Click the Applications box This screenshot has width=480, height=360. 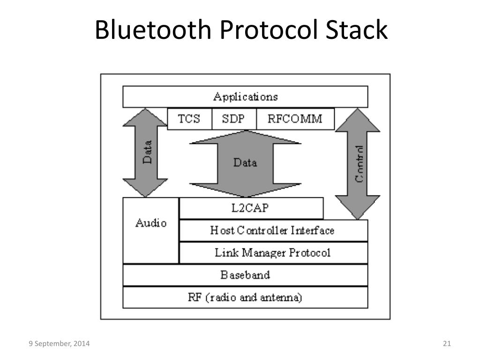coord(245,97)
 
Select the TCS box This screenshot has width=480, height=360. coord(189,119)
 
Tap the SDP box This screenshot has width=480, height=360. coord(233,119)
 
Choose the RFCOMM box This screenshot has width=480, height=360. coord(295,119)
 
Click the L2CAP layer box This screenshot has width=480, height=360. coord(251,208)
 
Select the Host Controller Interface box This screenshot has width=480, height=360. coord(273,231)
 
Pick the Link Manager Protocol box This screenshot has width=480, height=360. coord(273,253)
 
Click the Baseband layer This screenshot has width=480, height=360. coord(245,275)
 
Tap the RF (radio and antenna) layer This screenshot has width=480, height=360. coord(245,297)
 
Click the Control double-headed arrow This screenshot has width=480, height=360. coord(358,164)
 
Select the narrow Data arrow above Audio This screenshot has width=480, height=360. coord(145,153)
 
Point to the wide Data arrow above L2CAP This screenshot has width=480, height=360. coord(245,163)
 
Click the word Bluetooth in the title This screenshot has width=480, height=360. coord(152,30)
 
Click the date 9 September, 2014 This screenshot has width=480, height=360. coord(59,344)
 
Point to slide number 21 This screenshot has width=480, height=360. coord(446,344)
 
